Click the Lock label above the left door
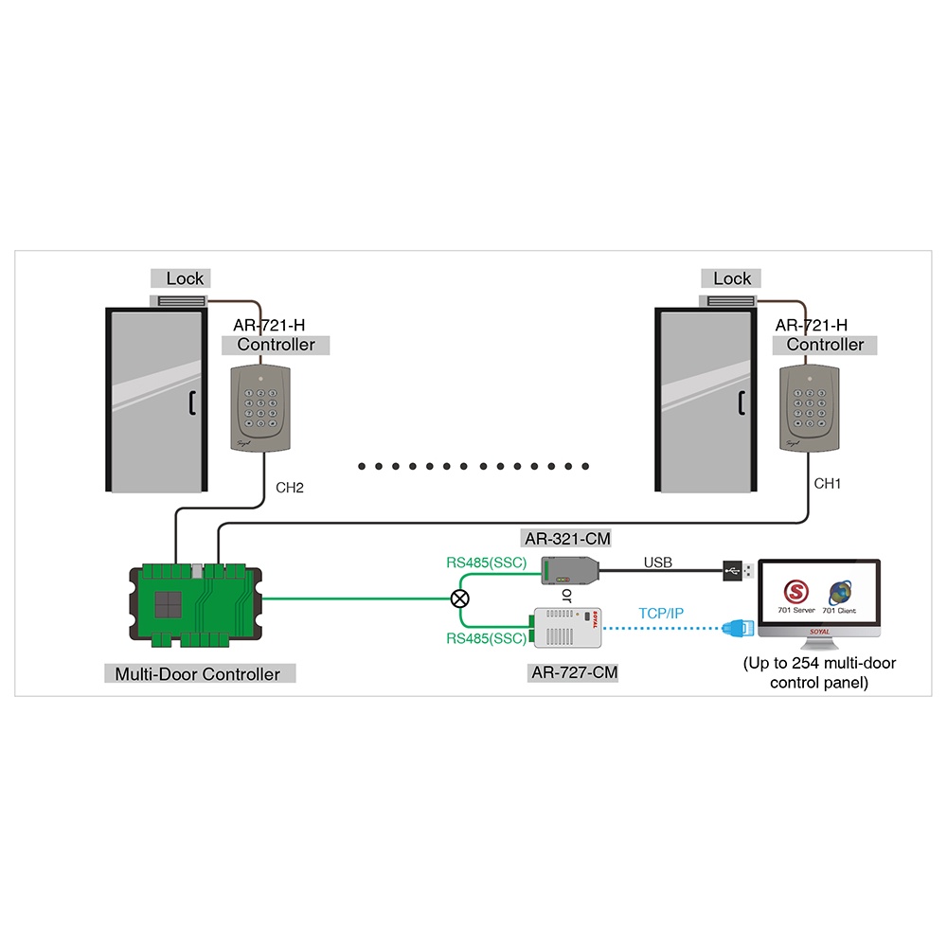click(x=185, y=278)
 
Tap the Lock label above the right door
click(x=732, y=278)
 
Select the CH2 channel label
click(x=289, y=489)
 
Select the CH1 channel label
click(x=828, y=483)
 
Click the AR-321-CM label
click(x=566, y=539)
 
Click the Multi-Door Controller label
click(x=198, y=674)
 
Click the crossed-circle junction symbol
click(x=460, y=599)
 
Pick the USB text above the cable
click(x=657, y=563)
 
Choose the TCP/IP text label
click(x=660, y=614)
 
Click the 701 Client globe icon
click(x=839, y=593)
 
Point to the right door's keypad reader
click(x=811, y=406)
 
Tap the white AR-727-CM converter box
click(x=564, y=627)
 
